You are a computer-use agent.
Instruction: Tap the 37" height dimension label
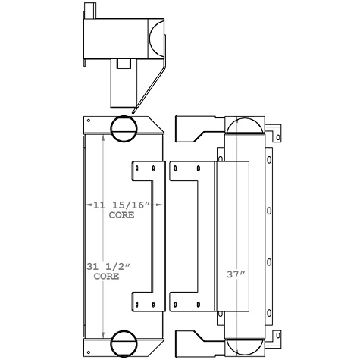(x=236, y=274)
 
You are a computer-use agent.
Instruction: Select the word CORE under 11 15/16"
(x=121, y=215)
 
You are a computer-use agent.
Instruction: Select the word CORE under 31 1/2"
(x=106, y=277)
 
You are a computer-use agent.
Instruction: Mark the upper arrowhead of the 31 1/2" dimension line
(x=103, y=137)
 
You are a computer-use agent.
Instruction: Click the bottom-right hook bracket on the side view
(x=278, y=336)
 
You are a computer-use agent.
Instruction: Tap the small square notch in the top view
(x=121, y=61)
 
